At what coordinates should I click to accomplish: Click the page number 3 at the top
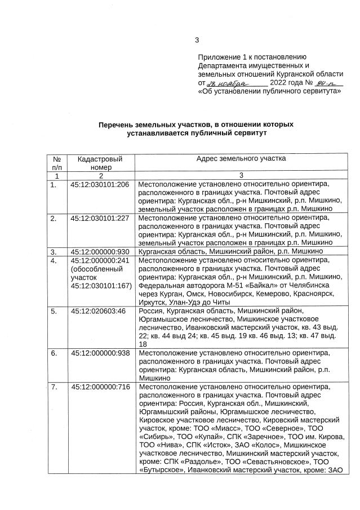coord(197,39)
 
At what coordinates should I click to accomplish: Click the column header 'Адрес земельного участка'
coord(241,159)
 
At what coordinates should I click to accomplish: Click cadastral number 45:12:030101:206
coord(100,184)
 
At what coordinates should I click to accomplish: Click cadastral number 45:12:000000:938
coord(100,353)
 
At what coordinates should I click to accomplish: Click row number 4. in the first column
coord(54,261)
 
